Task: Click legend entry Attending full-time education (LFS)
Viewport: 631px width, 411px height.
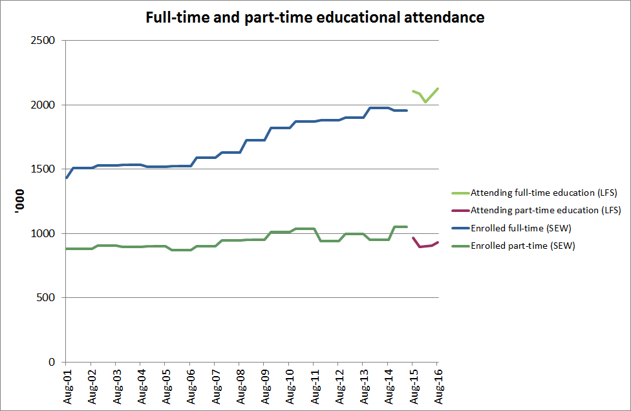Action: point(544,193)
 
